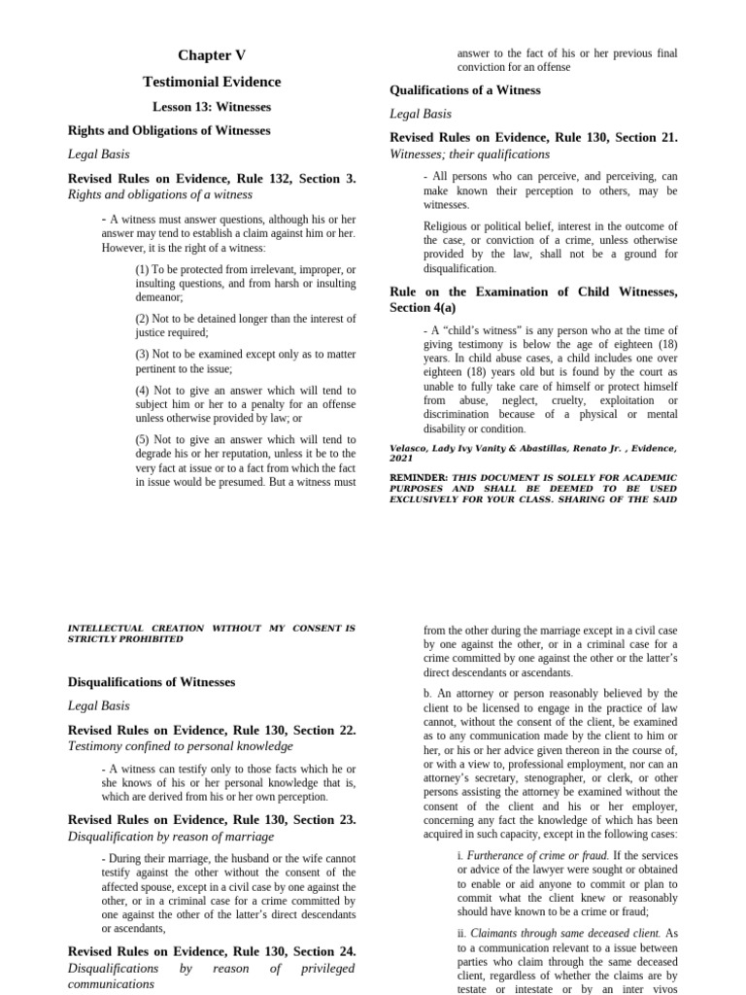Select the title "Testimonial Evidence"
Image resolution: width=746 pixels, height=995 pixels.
(212, 82)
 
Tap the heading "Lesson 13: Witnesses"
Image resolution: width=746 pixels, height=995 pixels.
(212, 107)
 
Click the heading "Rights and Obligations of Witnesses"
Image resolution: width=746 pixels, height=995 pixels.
(169, 130)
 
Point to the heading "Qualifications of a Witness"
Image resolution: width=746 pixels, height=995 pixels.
(465, 90)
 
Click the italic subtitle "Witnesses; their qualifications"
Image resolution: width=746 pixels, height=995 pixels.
(469, 154)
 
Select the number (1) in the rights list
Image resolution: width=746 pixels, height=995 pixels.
(142, 269)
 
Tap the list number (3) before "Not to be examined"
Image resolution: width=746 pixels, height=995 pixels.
(142, 355)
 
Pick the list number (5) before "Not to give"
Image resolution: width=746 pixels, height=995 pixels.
(142, 440)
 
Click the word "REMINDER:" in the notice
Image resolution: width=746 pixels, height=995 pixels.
(419, 478)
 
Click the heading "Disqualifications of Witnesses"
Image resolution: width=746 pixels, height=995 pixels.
(152, 682)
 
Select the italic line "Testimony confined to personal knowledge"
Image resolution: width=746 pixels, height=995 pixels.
(180, 746)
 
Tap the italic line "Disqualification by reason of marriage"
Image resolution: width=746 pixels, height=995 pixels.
(171, 836)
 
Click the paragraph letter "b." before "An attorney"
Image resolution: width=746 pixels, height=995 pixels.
(428, 694)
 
